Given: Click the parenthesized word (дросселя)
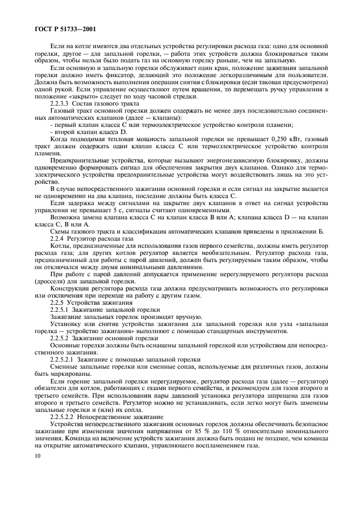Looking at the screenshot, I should (x=52, y=280).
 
